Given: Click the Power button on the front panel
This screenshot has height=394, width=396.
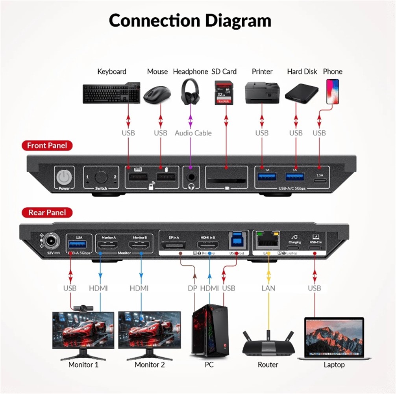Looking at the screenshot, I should pyautogui.click(x=64, y=178).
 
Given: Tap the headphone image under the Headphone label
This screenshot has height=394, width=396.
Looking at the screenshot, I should pyautogui.click(x=190, y=92).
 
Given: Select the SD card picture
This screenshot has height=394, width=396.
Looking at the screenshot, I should pyautogui.click(x=223, y=93).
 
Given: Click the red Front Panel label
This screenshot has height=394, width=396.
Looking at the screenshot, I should pyautogui.click(x=47, y=145).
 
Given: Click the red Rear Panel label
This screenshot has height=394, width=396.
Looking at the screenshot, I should pyautogui.click(x=47, y=213).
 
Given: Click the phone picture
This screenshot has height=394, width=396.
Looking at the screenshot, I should pyautogui.click(x=333, y=91).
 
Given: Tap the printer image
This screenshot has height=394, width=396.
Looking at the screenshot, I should pyautogui.click(x=262, y=92).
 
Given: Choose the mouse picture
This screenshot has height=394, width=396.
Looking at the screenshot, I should pyautogui.click(x=157, y=95).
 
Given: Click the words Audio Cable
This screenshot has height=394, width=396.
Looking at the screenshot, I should pyautogui.click(x=193, y=133).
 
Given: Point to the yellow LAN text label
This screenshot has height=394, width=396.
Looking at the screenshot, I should pyautogui.click(x=268, y=288).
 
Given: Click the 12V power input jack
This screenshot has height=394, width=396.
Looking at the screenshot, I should pyautogui.click(x=51, y=241).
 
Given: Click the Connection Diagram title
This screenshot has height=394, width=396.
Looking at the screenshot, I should pyautogui.click(x=190, y=20).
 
